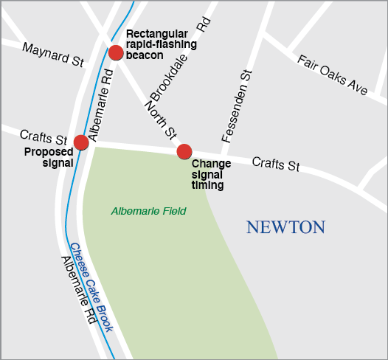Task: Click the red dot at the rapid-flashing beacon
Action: coord(116,52)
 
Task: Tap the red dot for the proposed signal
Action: coord(81,142)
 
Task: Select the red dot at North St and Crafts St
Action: coord(184,152)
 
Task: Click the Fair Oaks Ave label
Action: coord(332,74)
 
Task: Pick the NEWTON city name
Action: coord(285,227)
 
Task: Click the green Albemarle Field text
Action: coord(148,212)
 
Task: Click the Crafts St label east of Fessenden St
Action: coord(275,164)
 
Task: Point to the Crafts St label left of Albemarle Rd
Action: coord(44,137)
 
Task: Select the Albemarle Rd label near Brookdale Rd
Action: coord(100,104)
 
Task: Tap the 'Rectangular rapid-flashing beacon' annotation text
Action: coord(162,44)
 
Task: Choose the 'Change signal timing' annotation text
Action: coord(211,175)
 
